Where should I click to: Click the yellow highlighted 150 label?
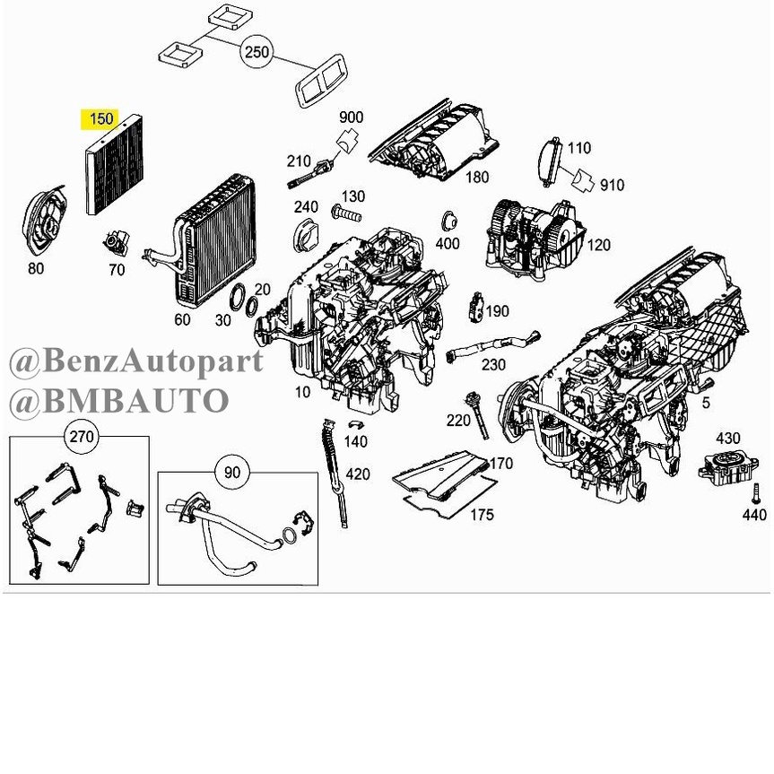tap(100, 119)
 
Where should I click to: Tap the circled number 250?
tap(257, 52)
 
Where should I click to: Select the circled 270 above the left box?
tap(82, 437)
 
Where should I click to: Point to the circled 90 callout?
tap(232, 473)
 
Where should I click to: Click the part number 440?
tap(753, 515)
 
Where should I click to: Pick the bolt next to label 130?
tap(346, 214)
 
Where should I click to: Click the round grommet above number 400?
tap(448, 221)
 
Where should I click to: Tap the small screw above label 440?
tap(755, 493)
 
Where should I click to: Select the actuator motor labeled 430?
tap(727, 467)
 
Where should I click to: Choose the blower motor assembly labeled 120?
tap(535, 239)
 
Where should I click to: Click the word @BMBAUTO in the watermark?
tap(119, 401)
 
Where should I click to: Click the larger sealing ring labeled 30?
tap(239, 298)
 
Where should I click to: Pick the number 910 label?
tap(612, 185)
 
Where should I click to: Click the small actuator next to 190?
tap(475, 307)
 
